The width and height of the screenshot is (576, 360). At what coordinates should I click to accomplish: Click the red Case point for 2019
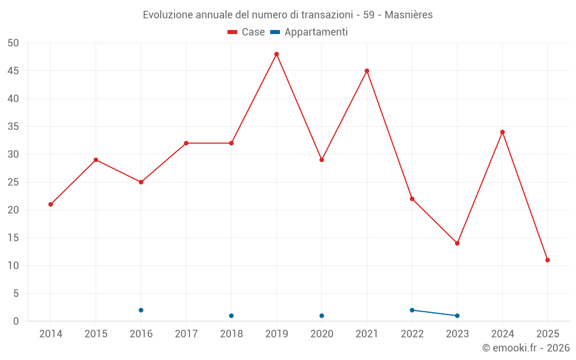click(276, 54)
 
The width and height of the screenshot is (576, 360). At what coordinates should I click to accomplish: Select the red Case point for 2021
click(367, 71)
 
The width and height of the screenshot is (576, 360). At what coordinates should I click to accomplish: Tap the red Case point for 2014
click(51, 204)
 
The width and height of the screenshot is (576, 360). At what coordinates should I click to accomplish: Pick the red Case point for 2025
click(548, 260)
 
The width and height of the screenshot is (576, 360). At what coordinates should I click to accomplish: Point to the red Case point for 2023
click(457, 243)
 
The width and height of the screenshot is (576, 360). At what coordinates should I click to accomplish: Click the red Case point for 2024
click(502, 132)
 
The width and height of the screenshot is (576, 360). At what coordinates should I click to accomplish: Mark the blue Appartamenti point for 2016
click(141, 310)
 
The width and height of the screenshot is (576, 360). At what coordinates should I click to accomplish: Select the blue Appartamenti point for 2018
click(232, 316)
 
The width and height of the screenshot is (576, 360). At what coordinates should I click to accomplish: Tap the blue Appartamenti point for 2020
click(322, 316)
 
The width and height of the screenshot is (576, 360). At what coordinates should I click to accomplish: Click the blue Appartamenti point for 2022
click(412, 310)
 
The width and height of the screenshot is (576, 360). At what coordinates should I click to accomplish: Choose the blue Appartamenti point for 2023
click(457, 316)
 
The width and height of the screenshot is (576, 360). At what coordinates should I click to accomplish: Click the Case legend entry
click(247, 32)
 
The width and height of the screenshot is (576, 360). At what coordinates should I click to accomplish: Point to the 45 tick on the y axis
click(13, 71)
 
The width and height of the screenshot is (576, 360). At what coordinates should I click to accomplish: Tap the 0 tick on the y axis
click(16, 321)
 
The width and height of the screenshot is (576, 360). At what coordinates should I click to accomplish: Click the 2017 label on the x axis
click(186, 334)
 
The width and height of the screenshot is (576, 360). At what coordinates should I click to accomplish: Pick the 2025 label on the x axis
click(548, 334)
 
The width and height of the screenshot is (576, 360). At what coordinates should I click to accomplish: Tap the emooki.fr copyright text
click(526, 348)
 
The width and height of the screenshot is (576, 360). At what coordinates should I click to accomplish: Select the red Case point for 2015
click(96, 160)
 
